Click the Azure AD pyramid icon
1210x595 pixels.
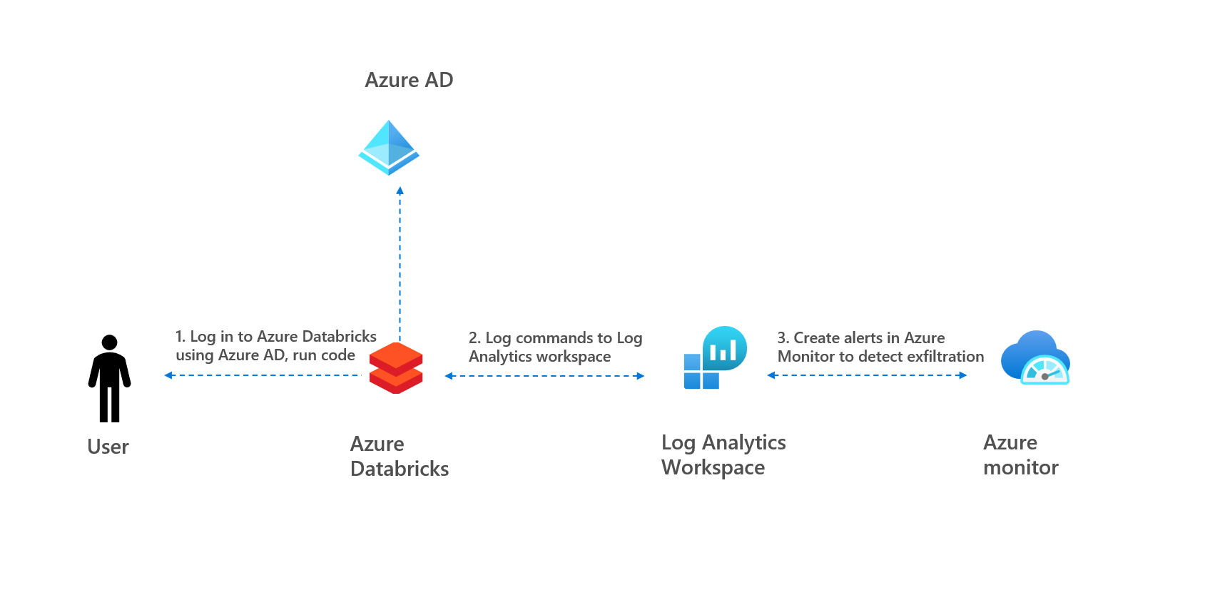tap(388, 148)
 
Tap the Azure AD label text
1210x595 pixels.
tap(409, 80)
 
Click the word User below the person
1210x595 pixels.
tap(108, 447)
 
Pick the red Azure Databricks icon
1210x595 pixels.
tap(396, 367)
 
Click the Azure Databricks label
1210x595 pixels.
tap(399, 457)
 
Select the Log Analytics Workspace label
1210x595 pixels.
tap(723, 455)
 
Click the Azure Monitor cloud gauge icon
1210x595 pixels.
tap(1035, 357)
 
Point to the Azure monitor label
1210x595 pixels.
tap(1020, 455)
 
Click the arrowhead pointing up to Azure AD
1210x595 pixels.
tap(400, 190)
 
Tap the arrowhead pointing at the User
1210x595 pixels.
tap(168, 375)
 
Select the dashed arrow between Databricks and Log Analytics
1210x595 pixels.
tap(544, 376)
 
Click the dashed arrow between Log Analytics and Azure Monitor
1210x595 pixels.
tap(867, 375)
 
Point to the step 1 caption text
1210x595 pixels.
tap(275, 346)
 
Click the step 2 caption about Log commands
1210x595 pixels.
tap(555, 347)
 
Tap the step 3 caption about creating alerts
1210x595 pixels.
tap(880, 347)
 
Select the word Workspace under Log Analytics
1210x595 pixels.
tap(713, 468)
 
